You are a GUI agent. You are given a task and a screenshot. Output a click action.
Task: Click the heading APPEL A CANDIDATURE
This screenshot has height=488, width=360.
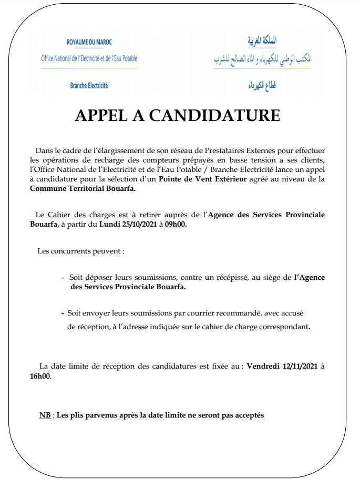pos(178,116)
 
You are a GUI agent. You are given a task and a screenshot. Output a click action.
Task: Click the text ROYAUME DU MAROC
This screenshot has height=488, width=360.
pos(89,42)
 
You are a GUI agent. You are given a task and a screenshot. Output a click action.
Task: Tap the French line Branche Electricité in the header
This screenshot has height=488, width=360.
pos(89,85)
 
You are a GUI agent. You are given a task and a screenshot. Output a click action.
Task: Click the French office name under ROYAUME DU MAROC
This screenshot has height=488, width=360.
pos(89,58)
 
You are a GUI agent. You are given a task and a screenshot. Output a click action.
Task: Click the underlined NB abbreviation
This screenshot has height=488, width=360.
pos(45,415)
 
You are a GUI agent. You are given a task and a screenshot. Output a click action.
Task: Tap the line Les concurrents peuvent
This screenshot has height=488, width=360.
pos(81,251)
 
